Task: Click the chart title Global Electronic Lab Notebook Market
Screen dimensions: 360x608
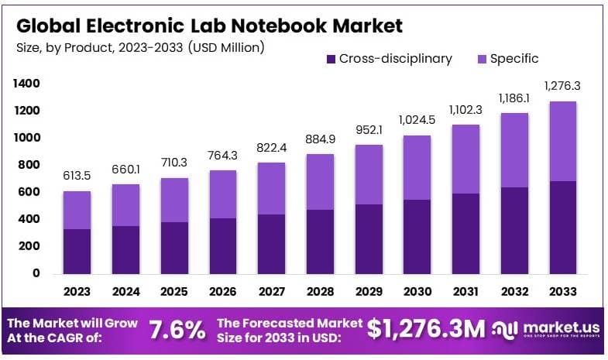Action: [208, 25]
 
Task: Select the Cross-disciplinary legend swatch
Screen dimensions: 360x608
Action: [331, 59]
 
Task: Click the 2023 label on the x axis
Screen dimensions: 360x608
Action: [77, 291]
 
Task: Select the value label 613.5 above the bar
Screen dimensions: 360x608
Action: [77, 177]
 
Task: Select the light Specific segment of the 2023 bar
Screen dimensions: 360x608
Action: [77, 210]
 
